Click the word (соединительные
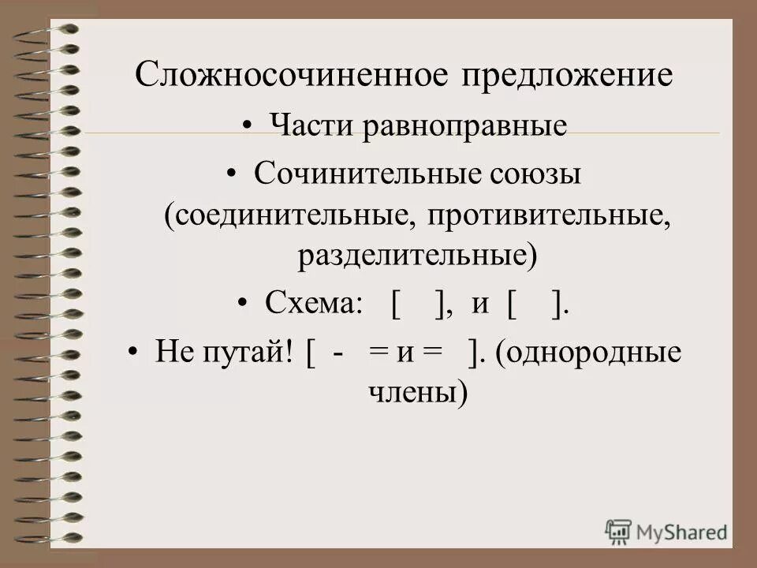pyautogui.click(x=284, y=215)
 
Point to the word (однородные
pyautogui.click(x=588, y=351)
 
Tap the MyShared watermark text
pyautogui.click(x=682, y=532)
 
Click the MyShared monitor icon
pyautogui.click(x=619, y=531)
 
